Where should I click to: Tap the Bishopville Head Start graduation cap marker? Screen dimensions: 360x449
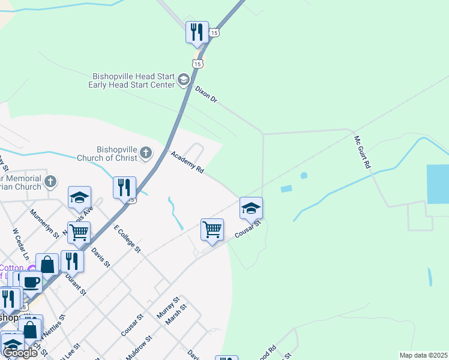pyautogui.click(x=183, y=80)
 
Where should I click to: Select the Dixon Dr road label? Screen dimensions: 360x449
pyautogui.click(x=206, y=94)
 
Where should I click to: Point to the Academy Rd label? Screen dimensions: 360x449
pyautogui.click(x=187, y=163)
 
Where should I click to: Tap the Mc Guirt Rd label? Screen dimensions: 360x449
pyautogui.click(x=363, y=152)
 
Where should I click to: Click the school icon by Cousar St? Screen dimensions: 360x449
pyautogui.click(x=251, y=208)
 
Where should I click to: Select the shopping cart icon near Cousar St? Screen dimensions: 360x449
pyautogui.click(x=212, y=230)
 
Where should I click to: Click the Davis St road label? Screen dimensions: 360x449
pyautogui.click(x=101, y=257)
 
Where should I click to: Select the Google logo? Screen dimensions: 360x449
pyautogui.click(x=20, y=353)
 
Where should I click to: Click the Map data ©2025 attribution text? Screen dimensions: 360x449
pyautogui.click(x=423, y=355)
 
